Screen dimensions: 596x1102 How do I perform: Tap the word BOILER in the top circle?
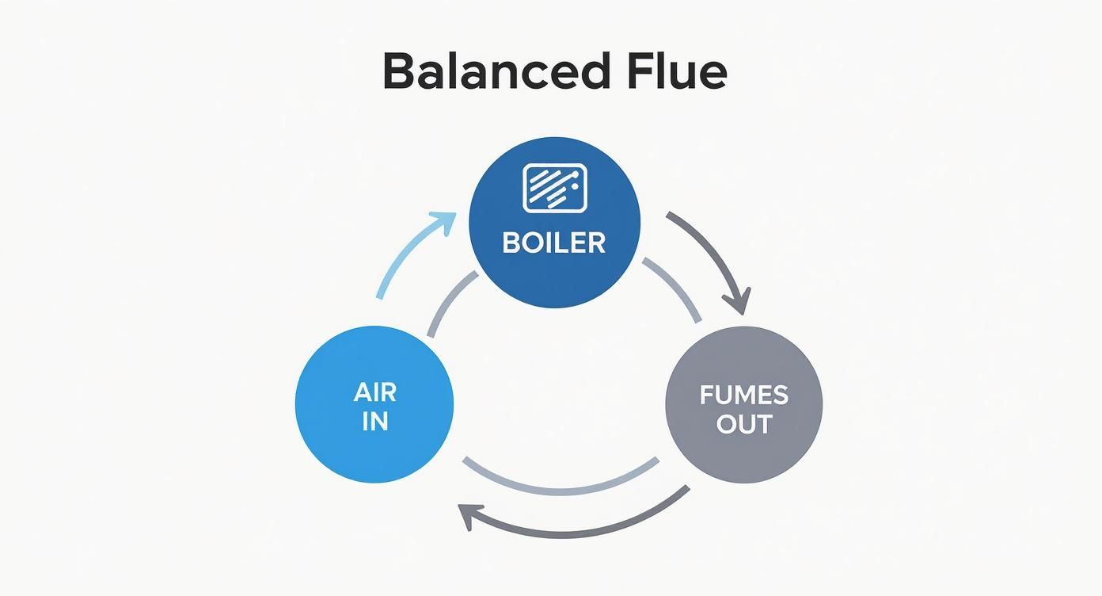pyautogui.click(x=553, y=243)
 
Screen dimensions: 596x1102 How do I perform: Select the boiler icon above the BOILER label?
pyautogui.click(x=554, y=189)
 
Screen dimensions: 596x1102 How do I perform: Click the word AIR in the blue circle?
pyautogui.click(x=375, y=392)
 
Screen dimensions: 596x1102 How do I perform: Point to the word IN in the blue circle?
pyautogui.click(x=375, y=422)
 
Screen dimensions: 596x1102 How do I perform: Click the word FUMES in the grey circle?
pyautogui.click(x=743, y=395)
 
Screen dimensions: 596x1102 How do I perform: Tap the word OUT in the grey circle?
pyautogui.click(x=743, y=423)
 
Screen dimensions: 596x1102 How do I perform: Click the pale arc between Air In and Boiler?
pyautogui.click(x=449, y=302)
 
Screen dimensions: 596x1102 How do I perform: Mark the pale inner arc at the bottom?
pyautogui.click(x=560, y=486)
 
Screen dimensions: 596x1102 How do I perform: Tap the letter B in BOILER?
pyautogui.click(x=511, y=243)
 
